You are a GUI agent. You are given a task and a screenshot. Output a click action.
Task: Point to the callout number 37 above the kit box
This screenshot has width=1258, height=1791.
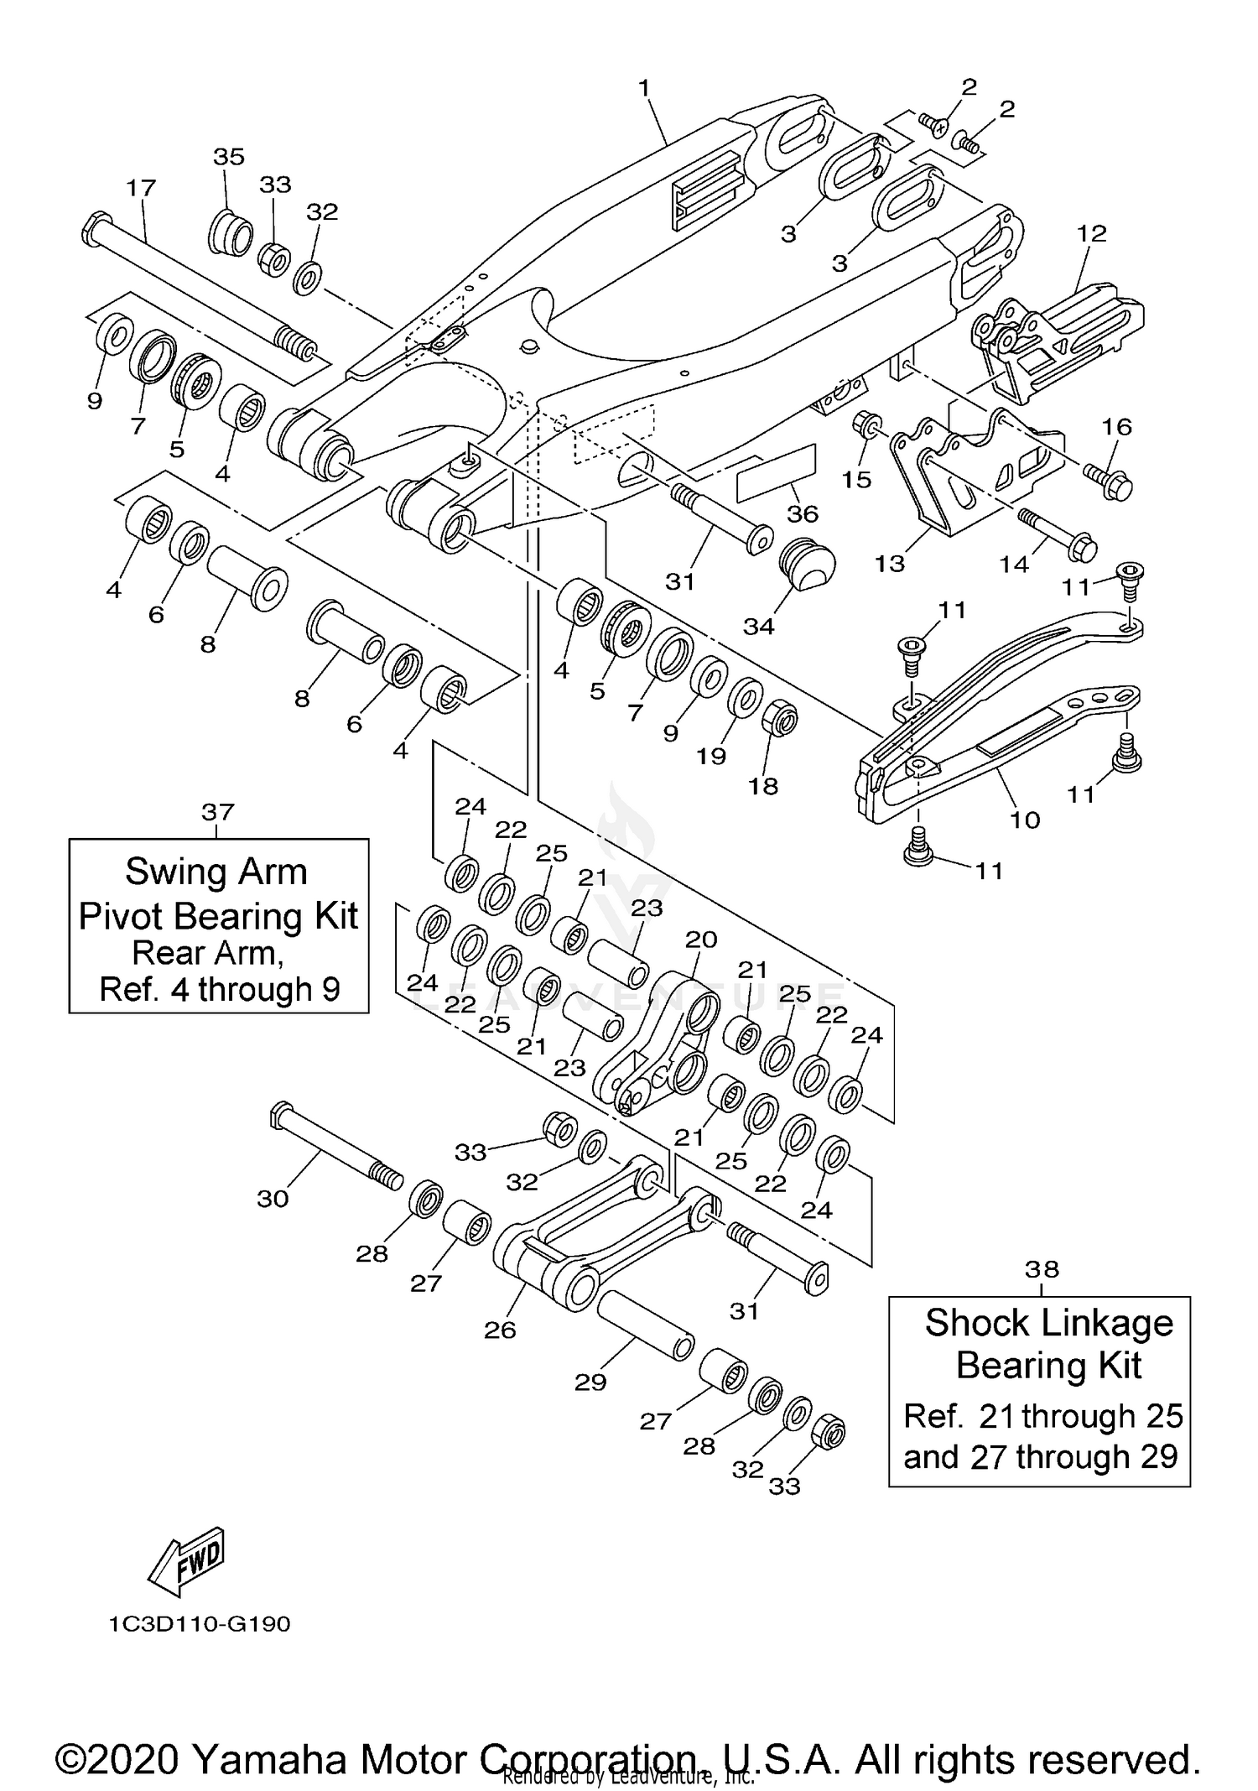217,812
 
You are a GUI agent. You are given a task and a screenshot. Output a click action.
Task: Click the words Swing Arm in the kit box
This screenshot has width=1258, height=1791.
216,872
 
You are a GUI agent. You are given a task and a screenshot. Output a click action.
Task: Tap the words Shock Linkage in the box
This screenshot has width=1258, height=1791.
1048,1323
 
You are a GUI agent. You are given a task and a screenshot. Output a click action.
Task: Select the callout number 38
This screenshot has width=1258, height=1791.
1042,1269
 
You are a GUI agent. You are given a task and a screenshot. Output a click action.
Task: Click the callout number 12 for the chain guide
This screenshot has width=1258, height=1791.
1092,233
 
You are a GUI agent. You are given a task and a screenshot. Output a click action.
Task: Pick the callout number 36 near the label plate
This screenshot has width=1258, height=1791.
803,513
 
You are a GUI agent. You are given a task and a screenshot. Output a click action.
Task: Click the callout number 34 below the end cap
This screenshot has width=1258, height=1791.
758,626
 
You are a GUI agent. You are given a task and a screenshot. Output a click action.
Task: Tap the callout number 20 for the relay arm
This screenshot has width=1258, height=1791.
701,939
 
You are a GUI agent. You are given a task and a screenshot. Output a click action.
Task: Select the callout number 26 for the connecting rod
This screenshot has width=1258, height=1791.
500,1330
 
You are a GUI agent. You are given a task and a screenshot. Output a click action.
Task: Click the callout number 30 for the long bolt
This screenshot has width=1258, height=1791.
273,1199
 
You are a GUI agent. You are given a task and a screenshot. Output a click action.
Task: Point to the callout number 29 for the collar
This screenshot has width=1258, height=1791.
590,1382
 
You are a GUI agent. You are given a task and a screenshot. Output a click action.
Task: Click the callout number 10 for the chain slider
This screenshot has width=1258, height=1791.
1025,820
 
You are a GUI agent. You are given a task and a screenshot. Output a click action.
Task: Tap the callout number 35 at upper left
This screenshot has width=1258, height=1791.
228,157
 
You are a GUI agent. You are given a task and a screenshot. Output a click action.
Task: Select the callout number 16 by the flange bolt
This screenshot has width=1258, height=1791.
1116,427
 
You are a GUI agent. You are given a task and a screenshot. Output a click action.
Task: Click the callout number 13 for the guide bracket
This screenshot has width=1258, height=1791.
890,564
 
